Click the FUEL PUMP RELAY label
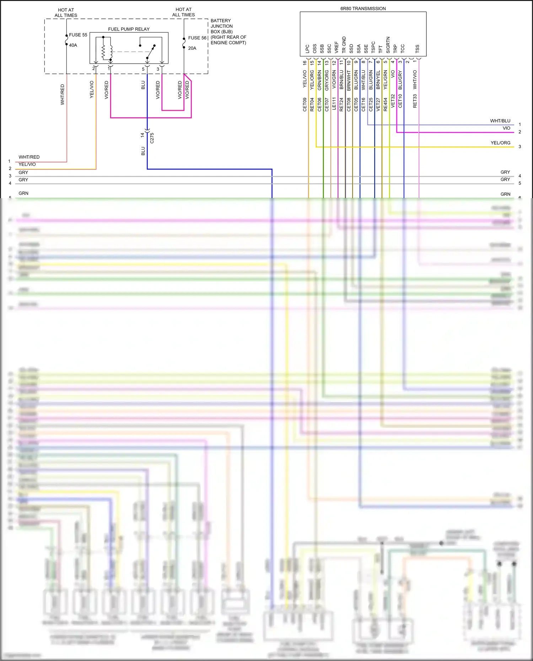pos(129,29)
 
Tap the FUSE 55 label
pos(78,35)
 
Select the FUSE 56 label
pos(197,38)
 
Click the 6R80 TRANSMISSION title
pos(363,9)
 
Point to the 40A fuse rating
pos(73,45)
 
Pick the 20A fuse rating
pos(192,48)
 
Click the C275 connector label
pos(152,138)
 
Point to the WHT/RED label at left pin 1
pos(29,157)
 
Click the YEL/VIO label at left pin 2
pos(27,164)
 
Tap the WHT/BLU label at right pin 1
pos(500,121)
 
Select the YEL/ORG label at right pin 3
pos(500,143)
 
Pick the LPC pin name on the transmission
pos(307,49)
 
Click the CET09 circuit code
pos(305,104)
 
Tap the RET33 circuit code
pos(415,101)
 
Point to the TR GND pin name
pos(344,45)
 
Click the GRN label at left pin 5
pos(23,193)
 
